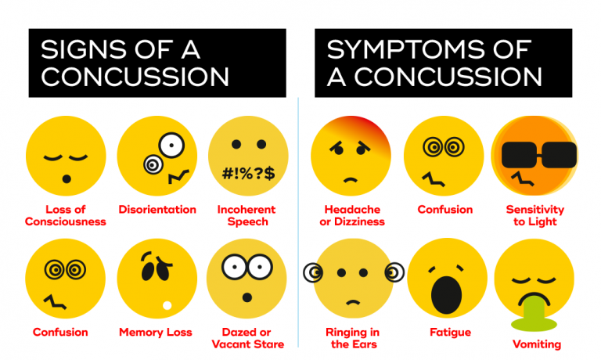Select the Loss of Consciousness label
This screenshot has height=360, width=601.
pyautogui.click(x=65, y=215)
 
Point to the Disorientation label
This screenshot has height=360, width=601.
pyautogui.click(x=157, y=209)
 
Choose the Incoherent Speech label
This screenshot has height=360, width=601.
pyautogui.click(x=248, y=215)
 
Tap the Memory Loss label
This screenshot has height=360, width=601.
pyautogui.click(x=156, y=333)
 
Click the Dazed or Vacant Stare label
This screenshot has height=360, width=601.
pyautogui.click(x=248, y=338)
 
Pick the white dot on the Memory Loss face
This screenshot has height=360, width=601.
pyautogui.click(x=166, y=305)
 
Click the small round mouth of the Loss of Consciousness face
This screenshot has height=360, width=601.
pyautogui.click(x=67, y=179)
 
